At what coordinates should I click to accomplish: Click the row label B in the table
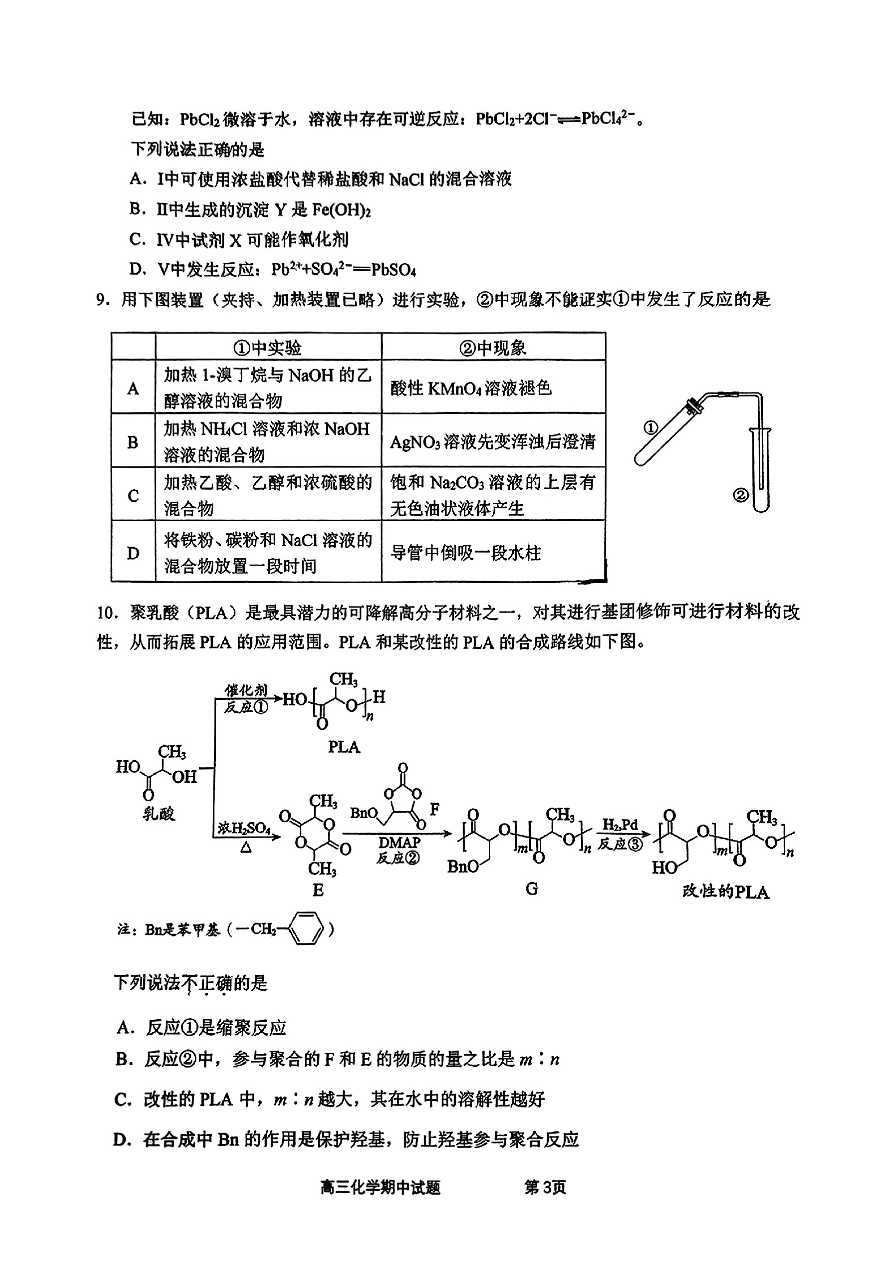(x=133, y=442)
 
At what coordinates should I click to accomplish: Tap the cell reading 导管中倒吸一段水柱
(x=493, y=552)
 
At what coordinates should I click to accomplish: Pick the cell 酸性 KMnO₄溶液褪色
(x=493, y=388)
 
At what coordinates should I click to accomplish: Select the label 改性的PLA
(x=725, y=891)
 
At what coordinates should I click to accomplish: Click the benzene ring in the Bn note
(x=307, y=930)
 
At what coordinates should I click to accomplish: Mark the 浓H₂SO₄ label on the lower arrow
(x=244, y=827)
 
